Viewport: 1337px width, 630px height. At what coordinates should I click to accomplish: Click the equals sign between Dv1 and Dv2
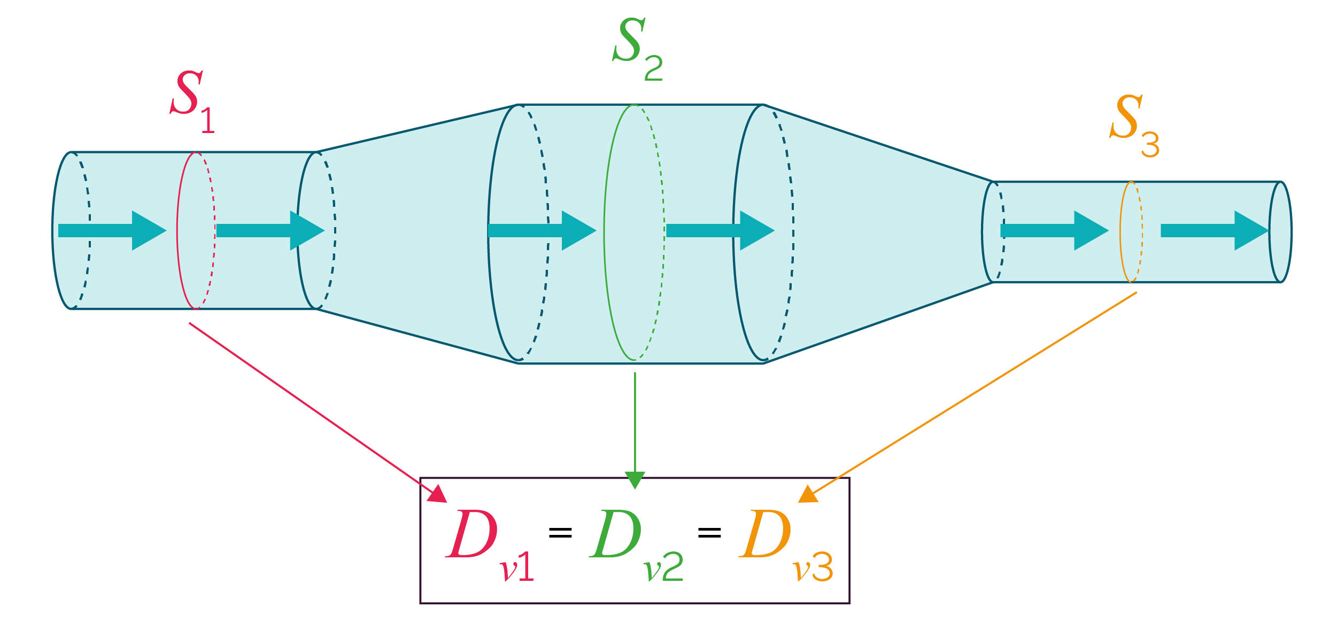pos(560,532)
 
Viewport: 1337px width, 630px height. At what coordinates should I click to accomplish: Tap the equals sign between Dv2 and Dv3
pos(709,532)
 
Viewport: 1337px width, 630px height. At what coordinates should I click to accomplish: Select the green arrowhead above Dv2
pos(635,479)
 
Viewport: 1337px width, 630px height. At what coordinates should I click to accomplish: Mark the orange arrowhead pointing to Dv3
pos(808,495)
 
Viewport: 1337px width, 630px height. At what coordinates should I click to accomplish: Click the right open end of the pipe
pos(1281,232)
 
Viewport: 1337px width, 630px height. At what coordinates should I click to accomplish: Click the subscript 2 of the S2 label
pos(653,68)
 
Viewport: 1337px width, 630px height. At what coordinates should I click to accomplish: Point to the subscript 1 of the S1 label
pos(208,121)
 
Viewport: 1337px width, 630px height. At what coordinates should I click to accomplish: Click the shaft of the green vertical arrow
pos(635,422)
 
